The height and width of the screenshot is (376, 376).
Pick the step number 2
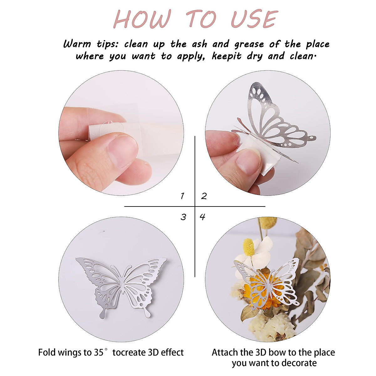[204, 196]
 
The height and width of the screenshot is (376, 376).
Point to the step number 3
[183, 217]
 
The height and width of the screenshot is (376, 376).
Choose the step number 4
[203, 217]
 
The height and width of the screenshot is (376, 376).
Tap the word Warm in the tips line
[77, 44]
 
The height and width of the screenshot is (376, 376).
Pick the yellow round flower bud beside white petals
[248, 246]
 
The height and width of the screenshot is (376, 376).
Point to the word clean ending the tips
[301, 57]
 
